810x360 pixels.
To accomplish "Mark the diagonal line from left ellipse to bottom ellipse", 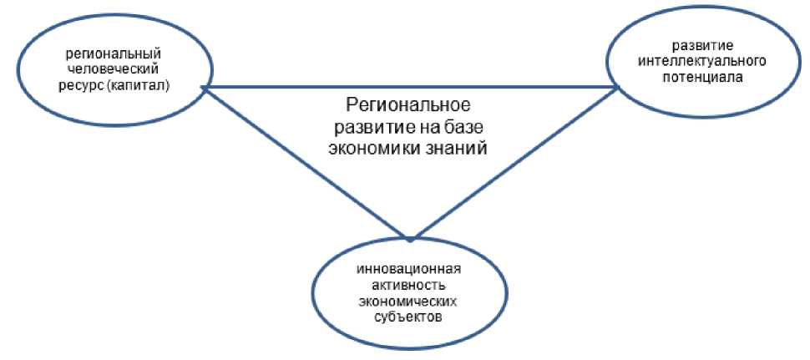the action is click(305, 162).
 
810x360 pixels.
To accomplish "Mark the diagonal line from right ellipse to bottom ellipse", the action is click(514, 162).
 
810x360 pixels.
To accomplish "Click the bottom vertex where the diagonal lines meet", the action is click(409, 238).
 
